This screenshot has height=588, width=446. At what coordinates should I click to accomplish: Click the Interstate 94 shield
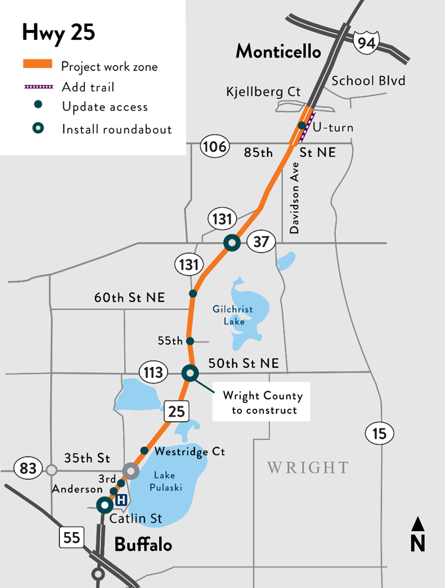pyautogui.click(x=366, y=42)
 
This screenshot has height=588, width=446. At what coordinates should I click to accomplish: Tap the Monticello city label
pyautogui.click(x=278, y=51)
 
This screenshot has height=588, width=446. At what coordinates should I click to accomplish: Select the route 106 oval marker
pyautogui.click(x=214, y=147)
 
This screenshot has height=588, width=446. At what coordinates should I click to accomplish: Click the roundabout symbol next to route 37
pyautogui.click(x=231, y=243)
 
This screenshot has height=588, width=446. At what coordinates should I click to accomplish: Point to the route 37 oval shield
pyautogui.click(x=261, y=242)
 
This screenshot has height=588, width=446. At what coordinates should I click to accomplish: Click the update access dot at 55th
pyautogui.click(x=190, y=341)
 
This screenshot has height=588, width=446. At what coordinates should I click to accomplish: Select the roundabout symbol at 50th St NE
pyautogui.click(x=190, y=372)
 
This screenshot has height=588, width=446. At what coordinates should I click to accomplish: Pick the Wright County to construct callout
pyautogui.click(x=262, y=403)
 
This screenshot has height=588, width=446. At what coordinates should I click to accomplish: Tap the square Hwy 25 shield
pyautogui.click(x=177, y=411)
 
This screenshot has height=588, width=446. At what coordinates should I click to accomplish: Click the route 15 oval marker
pyautogui.click(x=379, y=433)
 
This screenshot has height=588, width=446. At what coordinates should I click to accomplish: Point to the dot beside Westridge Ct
pyautogui.click(x=144, y=450)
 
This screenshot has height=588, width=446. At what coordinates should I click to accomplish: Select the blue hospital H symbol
pyautogui.click(x=120, y=498)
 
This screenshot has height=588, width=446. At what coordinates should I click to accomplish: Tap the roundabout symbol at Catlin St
pyautogui.click(x=105, y=505)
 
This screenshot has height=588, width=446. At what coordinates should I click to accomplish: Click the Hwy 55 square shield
pyautogui.click(x=71, y=537)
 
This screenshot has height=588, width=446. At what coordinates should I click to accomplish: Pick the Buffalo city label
pyautogui.click(x=143, y=544)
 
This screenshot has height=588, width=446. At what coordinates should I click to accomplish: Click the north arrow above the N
pyautogui.click(x=418, y=524)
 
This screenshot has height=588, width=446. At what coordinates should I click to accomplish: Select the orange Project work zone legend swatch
pyautogui.click(x=37, y=64)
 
